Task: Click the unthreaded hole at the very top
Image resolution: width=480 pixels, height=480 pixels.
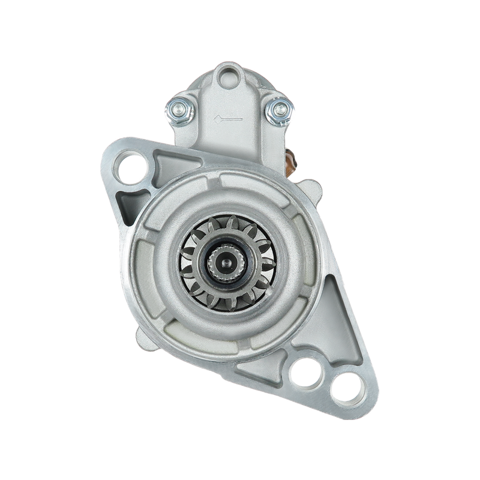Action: pos(229,76)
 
